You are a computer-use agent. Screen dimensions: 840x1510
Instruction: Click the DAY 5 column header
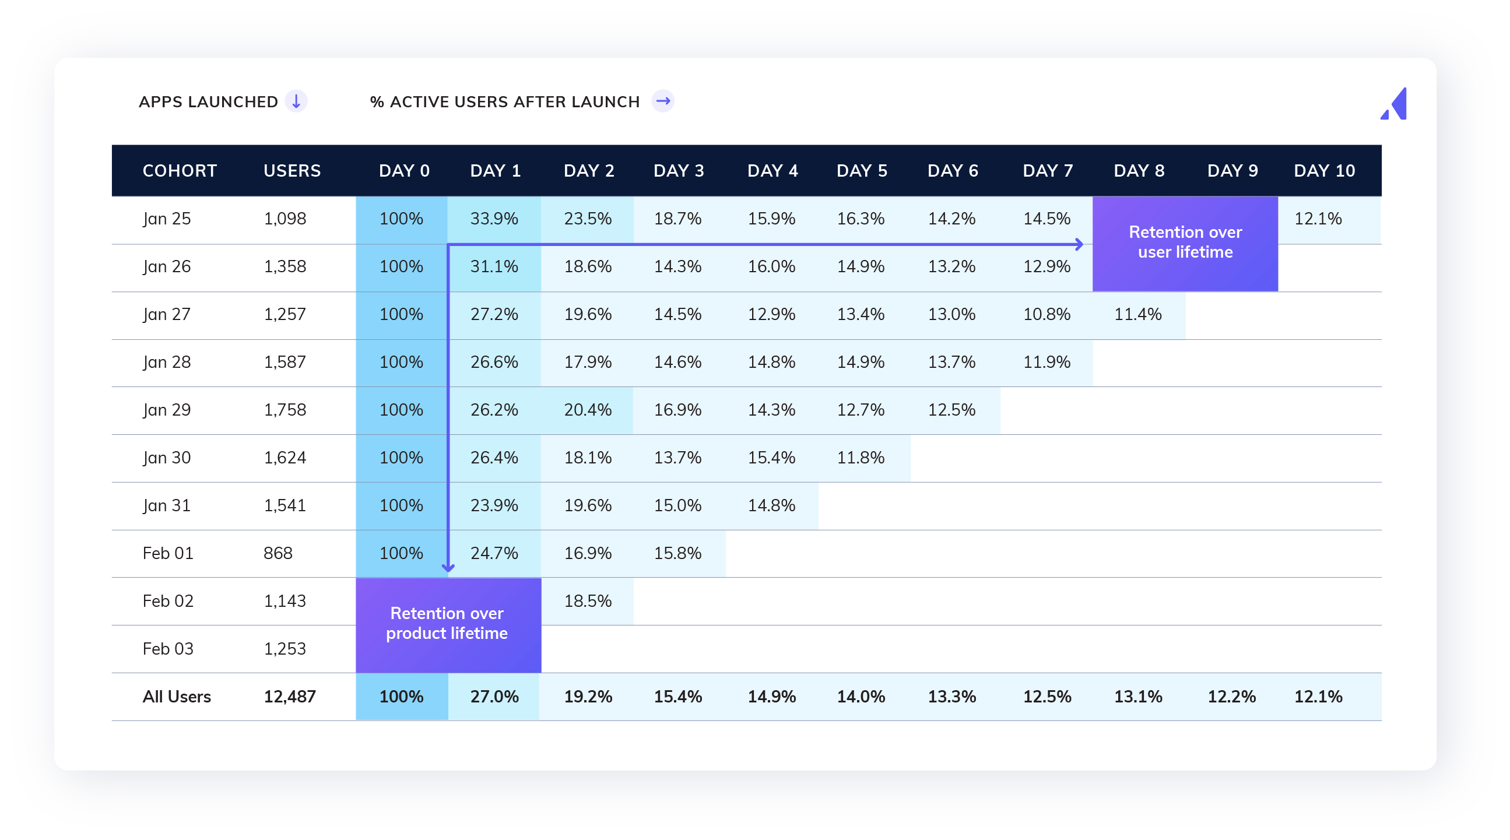pos(862,171)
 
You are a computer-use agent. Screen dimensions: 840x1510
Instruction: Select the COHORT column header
pos(180,171)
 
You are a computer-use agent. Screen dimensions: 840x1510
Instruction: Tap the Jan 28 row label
pos(167,362)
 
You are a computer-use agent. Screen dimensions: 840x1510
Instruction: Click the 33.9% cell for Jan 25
pos(494,219)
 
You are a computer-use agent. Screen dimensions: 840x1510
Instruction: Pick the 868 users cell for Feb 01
pos(278,553)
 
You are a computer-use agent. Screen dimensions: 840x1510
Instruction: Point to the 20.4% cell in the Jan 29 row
pos(587,410)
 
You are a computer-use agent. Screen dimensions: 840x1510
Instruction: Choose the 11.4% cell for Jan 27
pos(1138,314)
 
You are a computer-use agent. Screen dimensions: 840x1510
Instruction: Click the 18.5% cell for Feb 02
pos(587,601)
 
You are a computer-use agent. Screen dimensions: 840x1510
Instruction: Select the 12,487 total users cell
pos(290,697)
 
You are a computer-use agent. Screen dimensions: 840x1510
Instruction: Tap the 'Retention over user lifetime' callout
pos(1185,242)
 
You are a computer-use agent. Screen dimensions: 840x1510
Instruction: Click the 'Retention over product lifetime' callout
pos(447,624)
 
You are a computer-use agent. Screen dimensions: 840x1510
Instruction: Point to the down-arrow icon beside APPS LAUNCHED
pos(296,101)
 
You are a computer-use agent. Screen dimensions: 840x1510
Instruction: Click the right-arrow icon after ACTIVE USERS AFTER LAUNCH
pos(663,101)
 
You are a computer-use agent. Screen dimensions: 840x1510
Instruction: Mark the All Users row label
pos(177,697)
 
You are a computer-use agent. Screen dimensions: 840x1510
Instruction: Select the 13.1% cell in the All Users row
pos(1138,697)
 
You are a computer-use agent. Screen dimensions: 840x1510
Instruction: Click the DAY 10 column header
pos(1324,171)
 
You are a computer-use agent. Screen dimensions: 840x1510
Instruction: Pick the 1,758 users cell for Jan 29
pos(285,410)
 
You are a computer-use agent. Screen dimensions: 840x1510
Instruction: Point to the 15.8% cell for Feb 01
pos(677,553)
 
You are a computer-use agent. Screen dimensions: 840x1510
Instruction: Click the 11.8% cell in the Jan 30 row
pos(861,458)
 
